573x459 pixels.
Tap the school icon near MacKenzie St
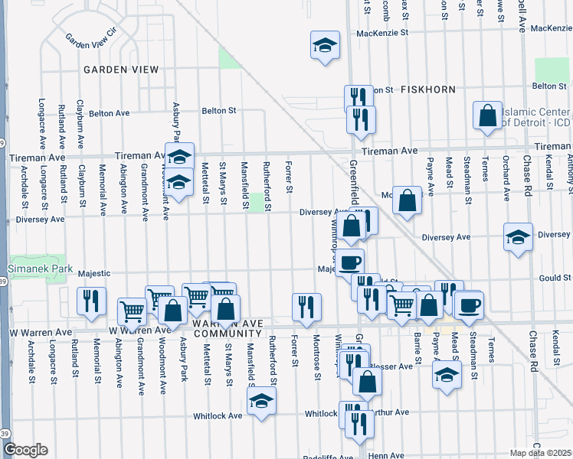click(x=325, y=46)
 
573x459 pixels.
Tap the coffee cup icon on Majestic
click(x=350, y=262)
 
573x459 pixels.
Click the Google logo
click(x=25, y=449)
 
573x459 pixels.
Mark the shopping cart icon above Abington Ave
click(x=132, y=311)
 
